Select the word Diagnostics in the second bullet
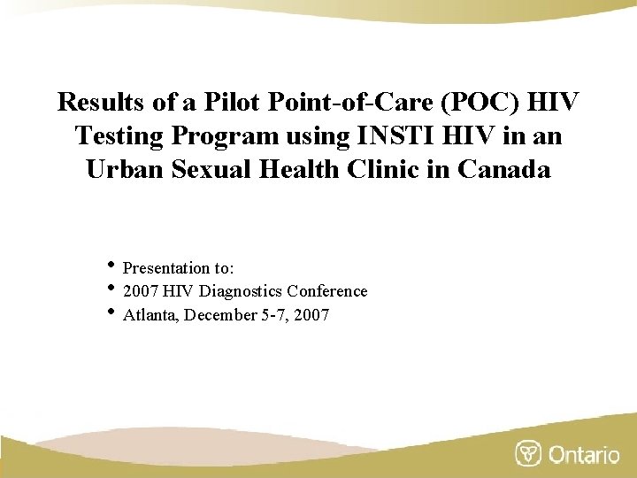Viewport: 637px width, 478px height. click(244, 291)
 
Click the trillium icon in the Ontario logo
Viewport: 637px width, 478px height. click(528, 453)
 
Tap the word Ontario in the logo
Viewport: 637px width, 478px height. click(584, 454)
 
